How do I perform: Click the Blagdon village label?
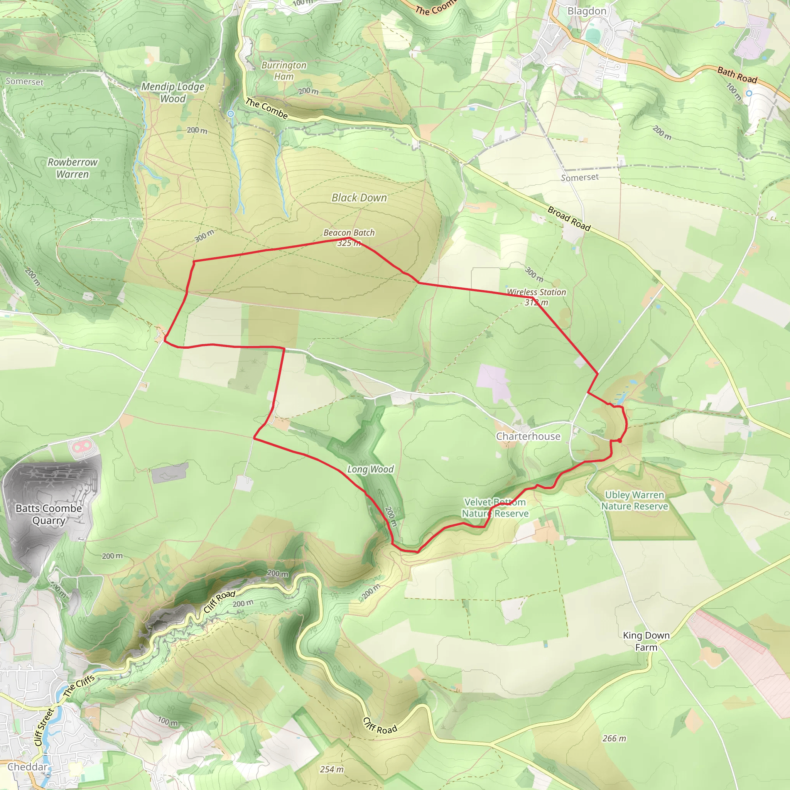tap(587, 11)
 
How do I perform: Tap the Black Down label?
tap(359, 198)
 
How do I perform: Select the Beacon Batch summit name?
tap(349, 233)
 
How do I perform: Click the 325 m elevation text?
tap(348, 243)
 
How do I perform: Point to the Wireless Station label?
tap(537, 292)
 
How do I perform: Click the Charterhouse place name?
tap(528, 436)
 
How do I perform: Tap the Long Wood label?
tap(370, 469)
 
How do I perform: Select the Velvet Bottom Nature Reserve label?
tap(495, 508)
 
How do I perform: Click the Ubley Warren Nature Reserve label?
tap(634, 500)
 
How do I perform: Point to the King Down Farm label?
tap(646, 641)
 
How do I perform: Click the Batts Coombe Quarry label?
tap(49, 515)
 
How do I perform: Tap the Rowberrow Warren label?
tap(73, 168)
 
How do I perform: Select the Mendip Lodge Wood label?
tap(172, 93)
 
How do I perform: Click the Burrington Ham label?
tap(284, 71)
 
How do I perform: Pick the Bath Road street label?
tap(737, 75)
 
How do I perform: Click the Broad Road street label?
tap(569, 219)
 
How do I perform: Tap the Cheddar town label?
tap(27, 767)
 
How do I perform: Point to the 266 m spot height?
tap(614, 738)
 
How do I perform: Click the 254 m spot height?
tap(332, 770)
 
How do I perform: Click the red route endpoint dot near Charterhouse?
tap(620, 441)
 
